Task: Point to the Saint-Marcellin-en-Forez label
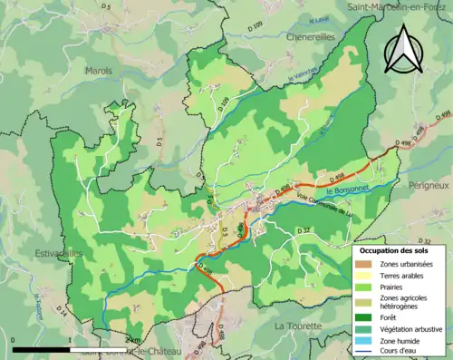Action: click(x=396, y=7)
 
